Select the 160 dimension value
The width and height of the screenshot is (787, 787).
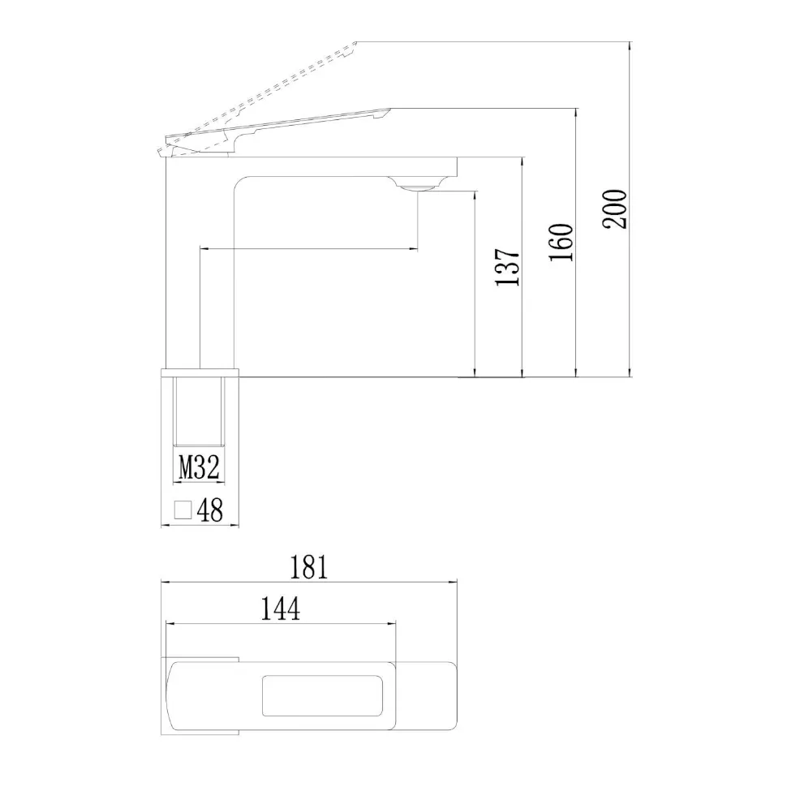pos(561,242)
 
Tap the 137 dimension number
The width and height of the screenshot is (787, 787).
pos(508,267)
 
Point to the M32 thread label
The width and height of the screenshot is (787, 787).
pos(199,468)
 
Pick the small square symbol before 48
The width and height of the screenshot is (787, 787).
pos(183,510)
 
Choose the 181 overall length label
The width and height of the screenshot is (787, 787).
pos(309,567)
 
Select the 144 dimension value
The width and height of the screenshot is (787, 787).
pos(281,609)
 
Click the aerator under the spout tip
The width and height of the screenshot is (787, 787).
pos(416,187)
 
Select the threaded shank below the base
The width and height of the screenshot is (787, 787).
pos(199,410)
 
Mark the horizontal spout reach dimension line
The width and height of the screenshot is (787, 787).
pos(308,248)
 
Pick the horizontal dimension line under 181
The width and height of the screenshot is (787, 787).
pos(309,582)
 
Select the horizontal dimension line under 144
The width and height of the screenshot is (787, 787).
pos(281,623)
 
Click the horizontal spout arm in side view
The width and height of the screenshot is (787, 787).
pos(349,166)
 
